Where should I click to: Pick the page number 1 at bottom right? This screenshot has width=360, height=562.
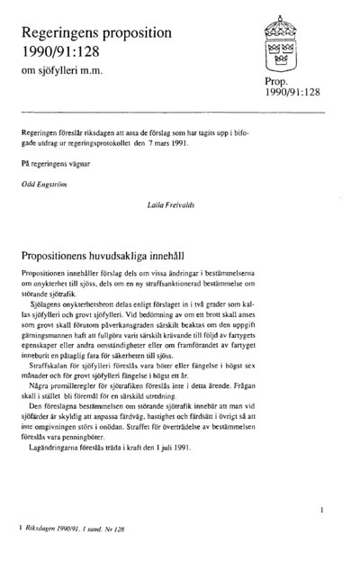321,510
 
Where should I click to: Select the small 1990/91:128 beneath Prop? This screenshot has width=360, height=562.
292,92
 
